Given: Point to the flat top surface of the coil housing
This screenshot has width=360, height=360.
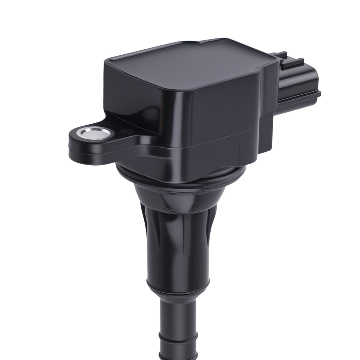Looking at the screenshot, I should (x=187, y=67).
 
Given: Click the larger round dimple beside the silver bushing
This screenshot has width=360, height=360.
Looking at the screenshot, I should (x=126, y=132).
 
